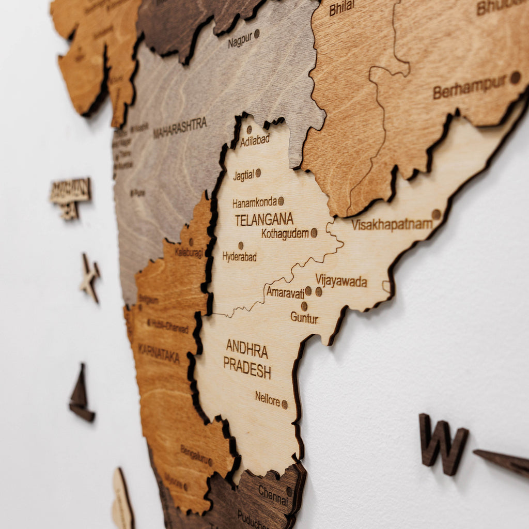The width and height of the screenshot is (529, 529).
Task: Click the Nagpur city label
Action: tap(240, 40)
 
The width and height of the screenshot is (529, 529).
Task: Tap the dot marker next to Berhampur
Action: tap(515, 77)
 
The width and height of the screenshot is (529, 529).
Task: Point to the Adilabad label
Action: tap(255, 140)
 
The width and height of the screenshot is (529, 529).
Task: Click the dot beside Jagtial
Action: tap(258, 173)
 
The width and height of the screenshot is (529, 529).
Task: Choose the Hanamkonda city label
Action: tap(254, 203)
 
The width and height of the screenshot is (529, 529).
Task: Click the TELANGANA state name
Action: tap(264, 220)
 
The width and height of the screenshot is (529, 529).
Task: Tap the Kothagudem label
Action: tap(285, 234)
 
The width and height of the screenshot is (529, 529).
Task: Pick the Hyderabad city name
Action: tap(240, 256)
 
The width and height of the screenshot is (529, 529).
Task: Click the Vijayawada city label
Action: tap(341, 282)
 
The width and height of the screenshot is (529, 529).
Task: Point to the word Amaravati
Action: tap(285, 292)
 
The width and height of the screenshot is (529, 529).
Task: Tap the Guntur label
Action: tap(304, 318)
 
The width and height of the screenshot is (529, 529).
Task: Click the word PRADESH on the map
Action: tap(247, 367)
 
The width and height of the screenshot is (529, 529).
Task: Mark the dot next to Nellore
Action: tap(284, 404)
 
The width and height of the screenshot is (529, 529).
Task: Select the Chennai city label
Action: tap(273, 494)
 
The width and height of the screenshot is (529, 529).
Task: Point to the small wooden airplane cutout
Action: tap(89, 277)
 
